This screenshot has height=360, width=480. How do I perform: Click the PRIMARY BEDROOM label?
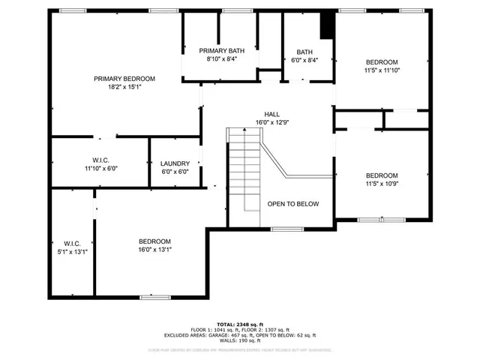[x=124, y=79]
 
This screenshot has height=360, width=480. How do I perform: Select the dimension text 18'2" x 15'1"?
[x=124, y=87]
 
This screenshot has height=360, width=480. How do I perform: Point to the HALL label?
[x=271, y=114]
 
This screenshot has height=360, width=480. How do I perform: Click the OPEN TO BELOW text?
[x=293, y=204]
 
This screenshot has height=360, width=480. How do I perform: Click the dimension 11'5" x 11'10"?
[x=382, y=70]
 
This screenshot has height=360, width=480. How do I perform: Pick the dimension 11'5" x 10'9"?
[x=382, y=184]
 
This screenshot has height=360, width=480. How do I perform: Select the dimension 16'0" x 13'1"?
[x=154, y=250]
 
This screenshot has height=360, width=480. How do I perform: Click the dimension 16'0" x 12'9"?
[x=271, y=122]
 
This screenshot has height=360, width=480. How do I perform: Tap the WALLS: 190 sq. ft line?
[x=238, y=342]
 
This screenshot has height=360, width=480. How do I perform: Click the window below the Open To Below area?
[x=286, y=227]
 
